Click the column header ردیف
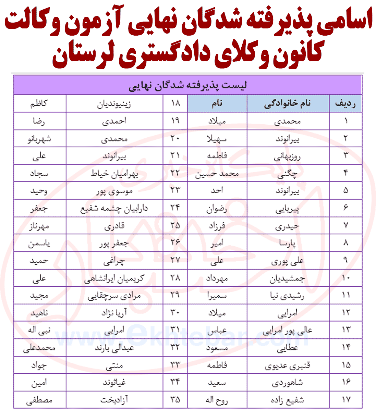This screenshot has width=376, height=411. click(345, 103)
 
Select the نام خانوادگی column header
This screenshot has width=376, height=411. click(288, 103)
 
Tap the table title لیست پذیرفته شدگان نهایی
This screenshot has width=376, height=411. click(187, 85)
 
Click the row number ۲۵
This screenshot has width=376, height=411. click(175, 226)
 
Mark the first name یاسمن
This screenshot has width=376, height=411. click(39, 244)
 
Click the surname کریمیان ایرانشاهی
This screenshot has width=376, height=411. click(114, 278)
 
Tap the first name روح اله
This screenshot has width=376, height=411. click(217, 400)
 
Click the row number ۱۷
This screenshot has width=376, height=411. click(345, 400)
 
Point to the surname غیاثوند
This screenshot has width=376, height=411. click(114, 383)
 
